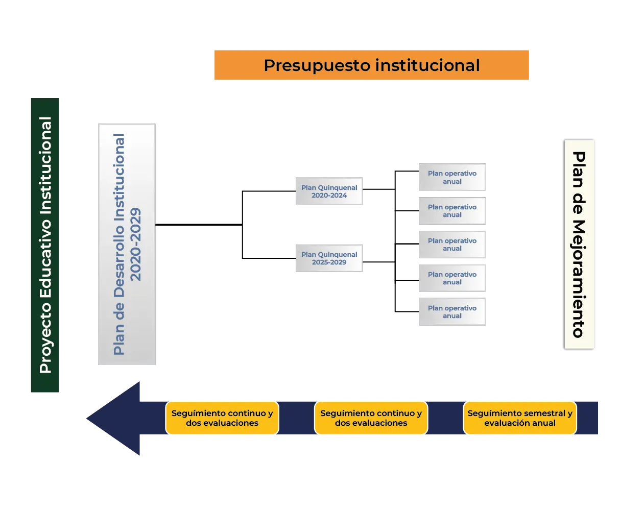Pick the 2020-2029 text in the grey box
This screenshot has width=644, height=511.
point(135,244)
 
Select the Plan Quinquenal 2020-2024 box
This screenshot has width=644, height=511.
point(329,191)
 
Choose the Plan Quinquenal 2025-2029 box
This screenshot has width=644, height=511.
point(329,258)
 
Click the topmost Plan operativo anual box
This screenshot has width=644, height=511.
point(451,177)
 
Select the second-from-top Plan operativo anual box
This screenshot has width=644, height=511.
point(451,211)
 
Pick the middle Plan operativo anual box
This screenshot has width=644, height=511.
point(451,245)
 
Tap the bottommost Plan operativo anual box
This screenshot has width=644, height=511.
point(451,312)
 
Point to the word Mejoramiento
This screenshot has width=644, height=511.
point(579,279)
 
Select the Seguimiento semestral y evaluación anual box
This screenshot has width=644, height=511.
point(520,418)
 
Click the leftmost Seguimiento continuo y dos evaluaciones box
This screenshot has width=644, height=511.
point(222,418)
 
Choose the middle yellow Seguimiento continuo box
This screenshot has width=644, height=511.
point(371,418)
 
